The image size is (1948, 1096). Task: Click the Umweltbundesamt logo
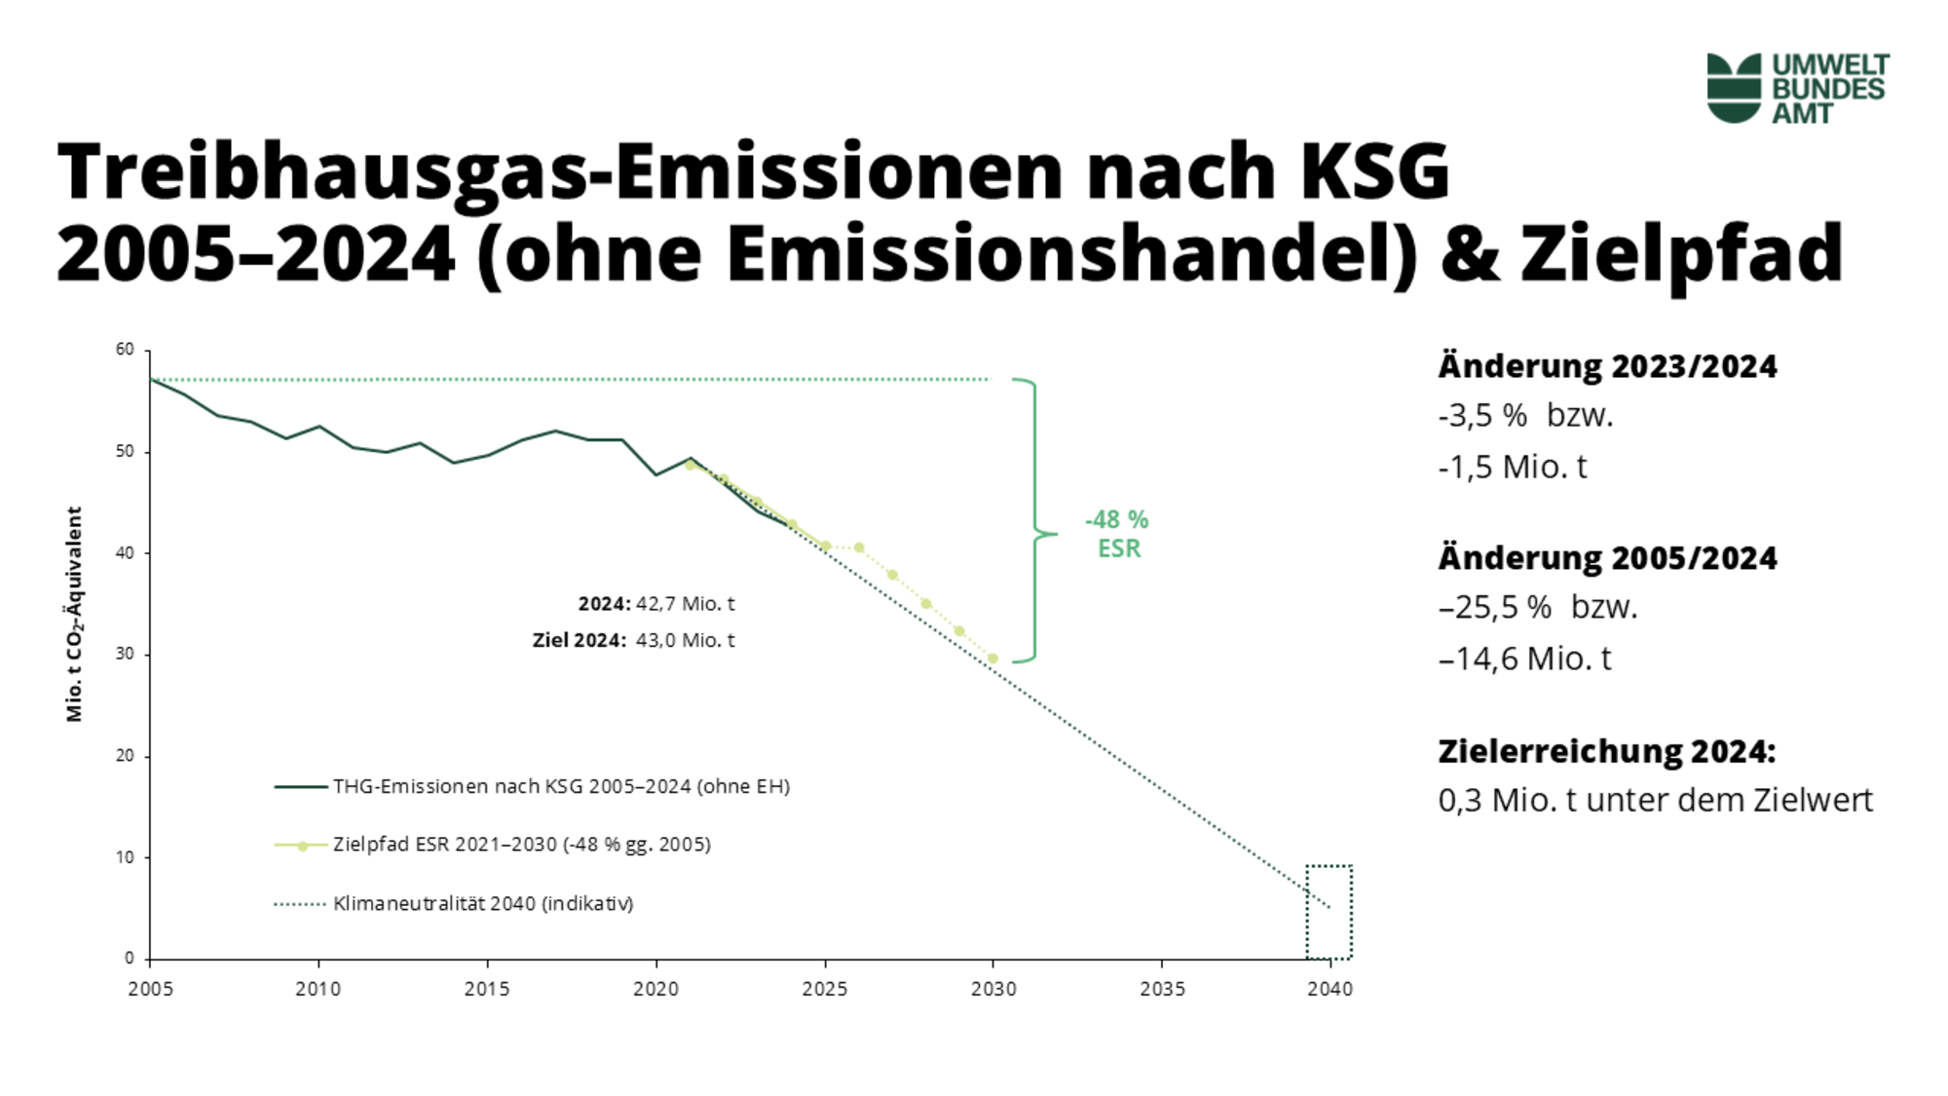point(1797,88)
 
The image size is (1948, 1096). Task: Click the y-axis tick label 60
point(125,350)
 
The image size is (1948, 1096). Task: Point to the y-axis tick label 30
point(125,654)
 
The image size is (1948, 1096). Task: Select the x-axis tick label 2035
point(1162,989)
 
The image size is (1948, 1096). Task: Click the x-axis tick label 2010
point(318,989)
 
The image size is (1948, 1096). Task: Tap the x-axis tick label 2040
point(1330,989)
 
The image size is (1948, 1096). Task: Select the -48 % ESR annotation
point(1118,534)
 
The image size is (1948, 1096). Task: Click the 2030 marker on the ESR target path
point(993,659)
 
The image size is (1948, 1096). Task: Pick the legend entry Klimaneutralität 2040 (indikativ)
point(482,903)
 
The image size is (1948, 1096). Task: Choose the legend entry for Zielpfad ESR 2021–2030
point(521,845)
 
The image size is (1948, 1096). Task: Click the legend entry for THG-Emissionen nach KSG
point(560,786)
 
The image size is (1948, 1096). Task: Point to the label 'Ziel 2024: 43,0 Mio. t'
point(633,640)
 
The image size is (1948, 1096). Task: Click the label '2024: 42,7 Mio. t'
point(656,604)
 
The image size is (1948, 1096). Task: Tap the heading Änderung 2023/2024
point(1607,366)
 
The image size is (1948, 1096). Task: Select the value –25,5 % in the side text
point(1496,607)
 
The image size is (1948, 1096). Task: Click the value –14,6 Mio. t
point(1525,659)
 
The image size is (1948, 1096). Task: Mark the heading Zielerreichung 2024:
point(1607,751)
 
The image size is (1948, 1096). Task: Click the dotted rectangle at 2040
point(1330,912)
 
